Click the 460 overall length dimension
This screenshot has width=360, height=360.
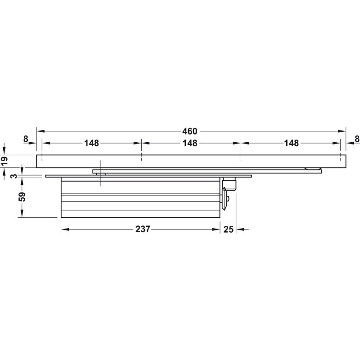[189, 131]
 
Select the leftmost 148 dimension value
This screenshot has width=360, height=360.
[91, 143]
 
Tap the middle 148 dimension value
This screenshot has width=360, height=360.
[190, 143]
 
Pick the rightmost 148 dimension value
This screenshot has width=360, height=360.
[291, 143]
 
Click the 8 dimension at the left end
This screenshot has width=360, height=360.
[26, 139]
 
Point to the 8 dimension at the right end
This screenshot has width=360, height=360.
[357, 139]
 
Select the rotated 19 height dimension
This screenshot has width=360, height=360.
[4, 160]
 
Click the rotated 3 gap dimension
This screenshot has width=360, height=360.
[14, 176]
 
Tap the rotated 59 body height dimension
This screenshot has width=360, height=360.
[22, 197]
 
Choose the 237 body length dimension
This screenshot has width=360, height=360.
[143, 229]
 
